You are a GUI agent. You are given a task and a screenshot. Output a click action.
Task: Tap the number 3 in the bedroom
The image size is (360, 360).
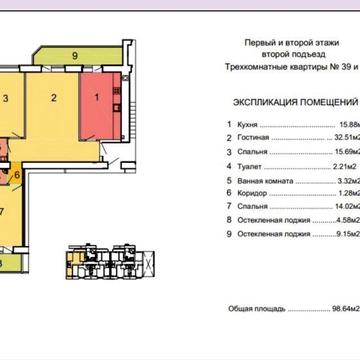pyautogui.click(x=7, y=98)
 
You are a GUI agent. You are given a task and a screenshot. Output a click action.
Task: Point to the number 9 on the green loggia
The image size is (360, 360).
pyautogui.click(x=74, y=60)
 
